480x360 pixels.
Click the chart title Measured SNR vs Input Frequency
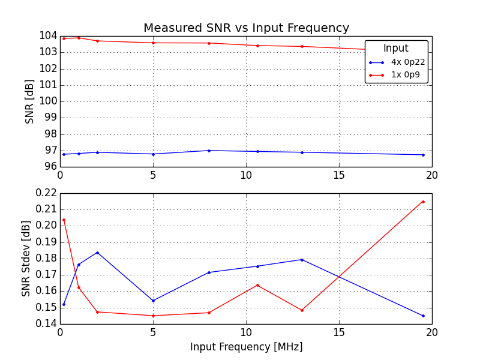246,28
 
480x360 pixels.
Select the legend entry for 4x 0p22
408,62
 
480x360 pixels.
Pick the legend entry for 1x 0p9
406,75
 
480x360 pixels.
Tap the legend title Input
396,49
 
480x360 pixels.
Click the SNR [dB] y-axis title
29,101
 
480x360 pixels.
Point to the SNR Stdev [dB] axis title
26,259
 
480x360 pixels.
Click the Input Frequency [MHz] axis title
246,347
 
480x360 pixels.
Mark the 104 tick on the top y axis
47,36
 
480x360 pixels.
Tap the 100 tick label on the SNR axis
47,101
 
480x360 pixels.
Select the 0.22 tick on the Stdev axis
46,193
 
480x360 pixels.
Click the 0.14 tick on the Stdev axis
46,324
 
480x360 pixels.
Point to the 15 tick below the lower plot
339,332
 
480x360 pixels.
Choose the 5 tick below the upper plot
153,175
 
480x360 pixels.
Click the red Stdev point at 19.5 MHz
422,202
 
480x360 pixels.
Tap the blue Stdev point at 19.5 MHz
422,316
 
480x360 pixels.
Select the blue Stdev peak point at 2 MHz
97,253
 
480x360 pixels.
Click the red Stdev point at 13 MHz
302,310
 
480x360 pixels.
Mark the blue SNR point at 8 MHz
209,151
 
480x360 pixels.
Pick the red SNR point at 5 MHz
153,43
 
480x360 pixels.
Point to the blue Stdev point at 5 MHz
153,301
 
